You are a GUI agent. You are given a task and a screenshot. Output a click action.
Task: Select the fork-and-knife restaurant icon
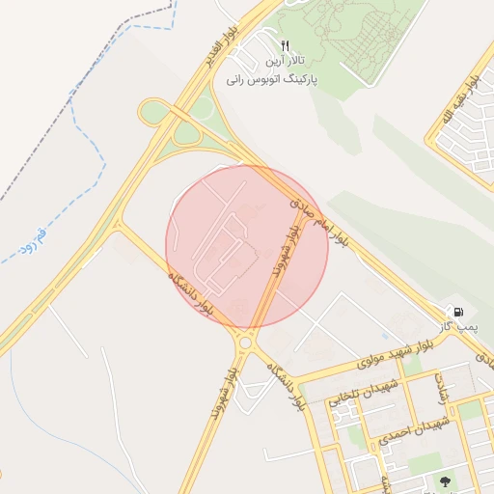tap(285, 45)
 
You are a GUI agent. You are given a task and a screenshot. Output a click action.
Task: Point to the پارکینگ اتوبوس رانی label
tap(272, 79)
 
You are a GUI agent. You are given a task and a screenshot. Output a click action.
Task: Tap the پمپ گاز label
tap(461, 328)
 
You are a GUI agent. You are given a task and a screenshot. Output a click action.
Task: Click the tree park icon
tap(446, 480)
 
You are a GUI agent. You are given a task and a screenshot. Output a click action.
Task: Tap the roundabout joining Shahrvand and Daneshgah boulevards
tap(245, 342)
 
